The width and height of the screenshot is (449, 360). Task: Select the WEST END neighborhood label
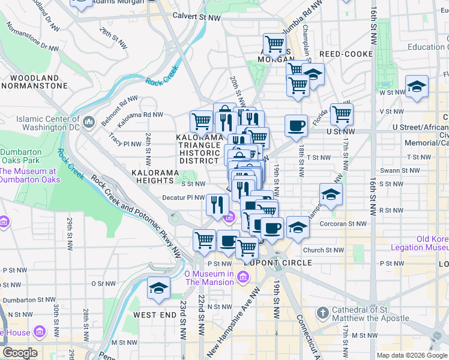154,315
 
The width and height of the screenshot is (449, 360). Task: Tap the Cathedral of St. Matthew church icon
322,313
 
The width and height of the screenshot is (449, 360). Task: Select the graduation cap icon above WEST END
158,289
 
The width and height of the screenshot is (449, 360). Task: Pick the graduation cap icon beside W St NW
417,87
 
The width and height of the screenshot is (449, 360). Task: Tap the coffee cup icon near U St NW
296,125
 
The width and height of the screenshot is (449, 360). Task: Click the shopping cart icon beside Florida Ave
341,113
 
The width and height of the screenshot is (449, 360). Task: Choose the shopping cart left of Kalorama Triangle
201,121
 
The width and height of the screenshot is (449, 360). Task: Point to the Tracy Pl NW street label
124,144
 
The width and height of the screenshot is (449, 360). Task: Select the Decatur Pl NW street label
184,197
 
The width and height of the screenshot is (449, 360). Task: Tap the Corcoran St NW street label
344,223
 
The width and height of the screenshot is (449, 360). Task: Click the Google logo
20,353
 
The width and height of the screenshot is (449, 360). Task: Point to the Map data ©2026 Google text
412,355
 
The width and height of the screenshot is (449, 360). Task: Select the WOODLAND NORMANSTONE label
34,82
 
